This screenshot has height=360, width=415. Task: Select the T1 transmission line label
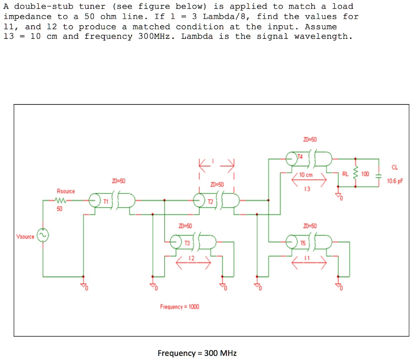pyautogui.click(x=106, y=201)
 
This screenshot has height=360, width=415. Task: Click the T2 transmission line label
pyautogui.click(x=210, y=201)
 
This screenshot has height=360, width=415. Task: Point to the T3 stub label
pyautogui.click(x=186, y=243)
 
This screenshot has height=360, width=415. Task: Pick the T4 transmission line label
pyautogui.click(x=300, y=156)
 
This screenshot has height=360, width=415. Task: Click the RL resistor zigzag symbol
pyautogui.click(x=356, y=173)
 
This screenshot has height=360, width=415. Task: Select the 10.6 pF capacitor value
pyautogui.click(x=394, y=181)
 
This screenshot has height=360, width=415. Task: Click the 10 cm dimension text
pyautogui.click(x=306, y=175)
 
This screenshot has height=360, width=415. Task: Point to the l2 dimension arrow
pyautogui.click(x=193, y=263)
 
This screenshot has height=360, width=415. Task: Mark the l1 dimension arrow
pyautogui.click(x=309, y=263)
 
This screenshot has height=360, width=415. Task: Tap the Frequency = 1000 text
pyautogui.click(x=180, y=307)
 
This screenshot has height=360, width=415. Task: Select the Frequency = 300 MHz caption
pyautogui.click(x=197, y=353)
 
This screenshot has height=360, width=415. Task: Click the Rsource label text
pyautogui.click(x=66, y=191)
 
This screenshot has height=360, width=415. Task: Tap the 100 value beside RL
pyautogui.click(x=365, y=174)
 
